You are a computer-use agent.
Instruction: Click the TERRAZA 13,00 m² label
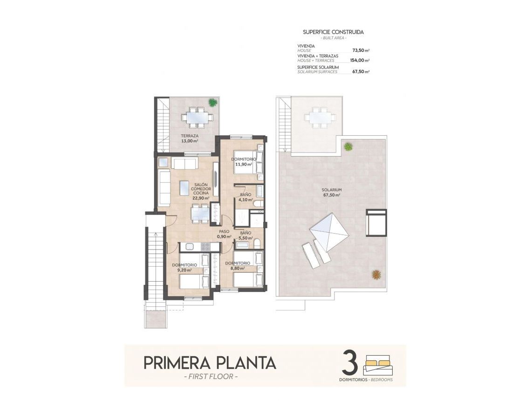(190, 138)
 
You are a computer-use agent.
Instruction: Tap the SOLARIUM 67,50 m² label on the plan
(331, 193)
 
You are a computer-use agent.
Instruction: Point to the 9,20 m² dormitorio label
(184, 267)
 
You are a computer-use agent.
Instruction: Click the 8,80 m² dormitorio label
(238, 265)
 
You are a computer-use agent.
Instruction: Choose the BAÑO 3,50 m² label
(245, 235)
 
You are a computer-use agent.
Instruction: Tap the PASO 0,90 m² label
(224, 234)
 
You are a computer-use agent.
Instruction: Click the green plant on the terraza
(213, 102)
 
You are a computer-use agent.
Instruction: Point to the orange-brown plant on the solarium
(375, 275)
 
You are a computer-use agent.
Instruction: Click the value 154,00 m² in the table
(360, 60)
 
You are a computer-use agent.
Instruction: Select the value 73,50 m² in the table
(361, 50)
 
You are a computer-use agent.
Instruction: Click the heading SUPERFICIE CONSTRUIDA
(333, 32)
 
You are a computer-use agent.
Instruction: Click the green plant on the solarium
(348, 146)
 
